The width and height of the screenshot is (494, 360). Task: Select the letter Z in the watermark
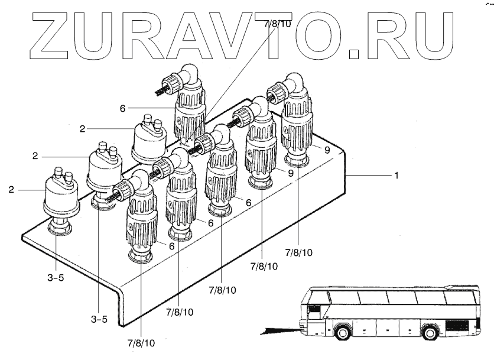click(45, 35)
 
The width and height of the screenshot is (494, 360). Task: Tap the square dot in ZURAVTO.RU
click(354, 54)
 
